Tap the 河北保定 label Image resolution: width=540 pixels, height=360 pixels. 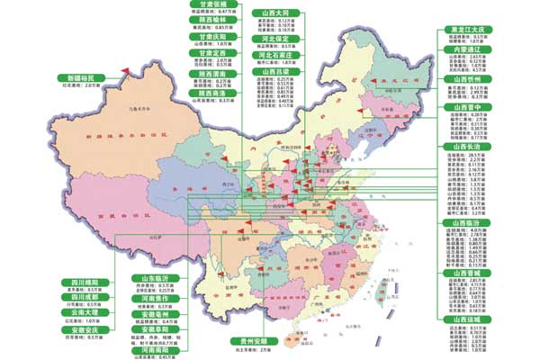(277, 40)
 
